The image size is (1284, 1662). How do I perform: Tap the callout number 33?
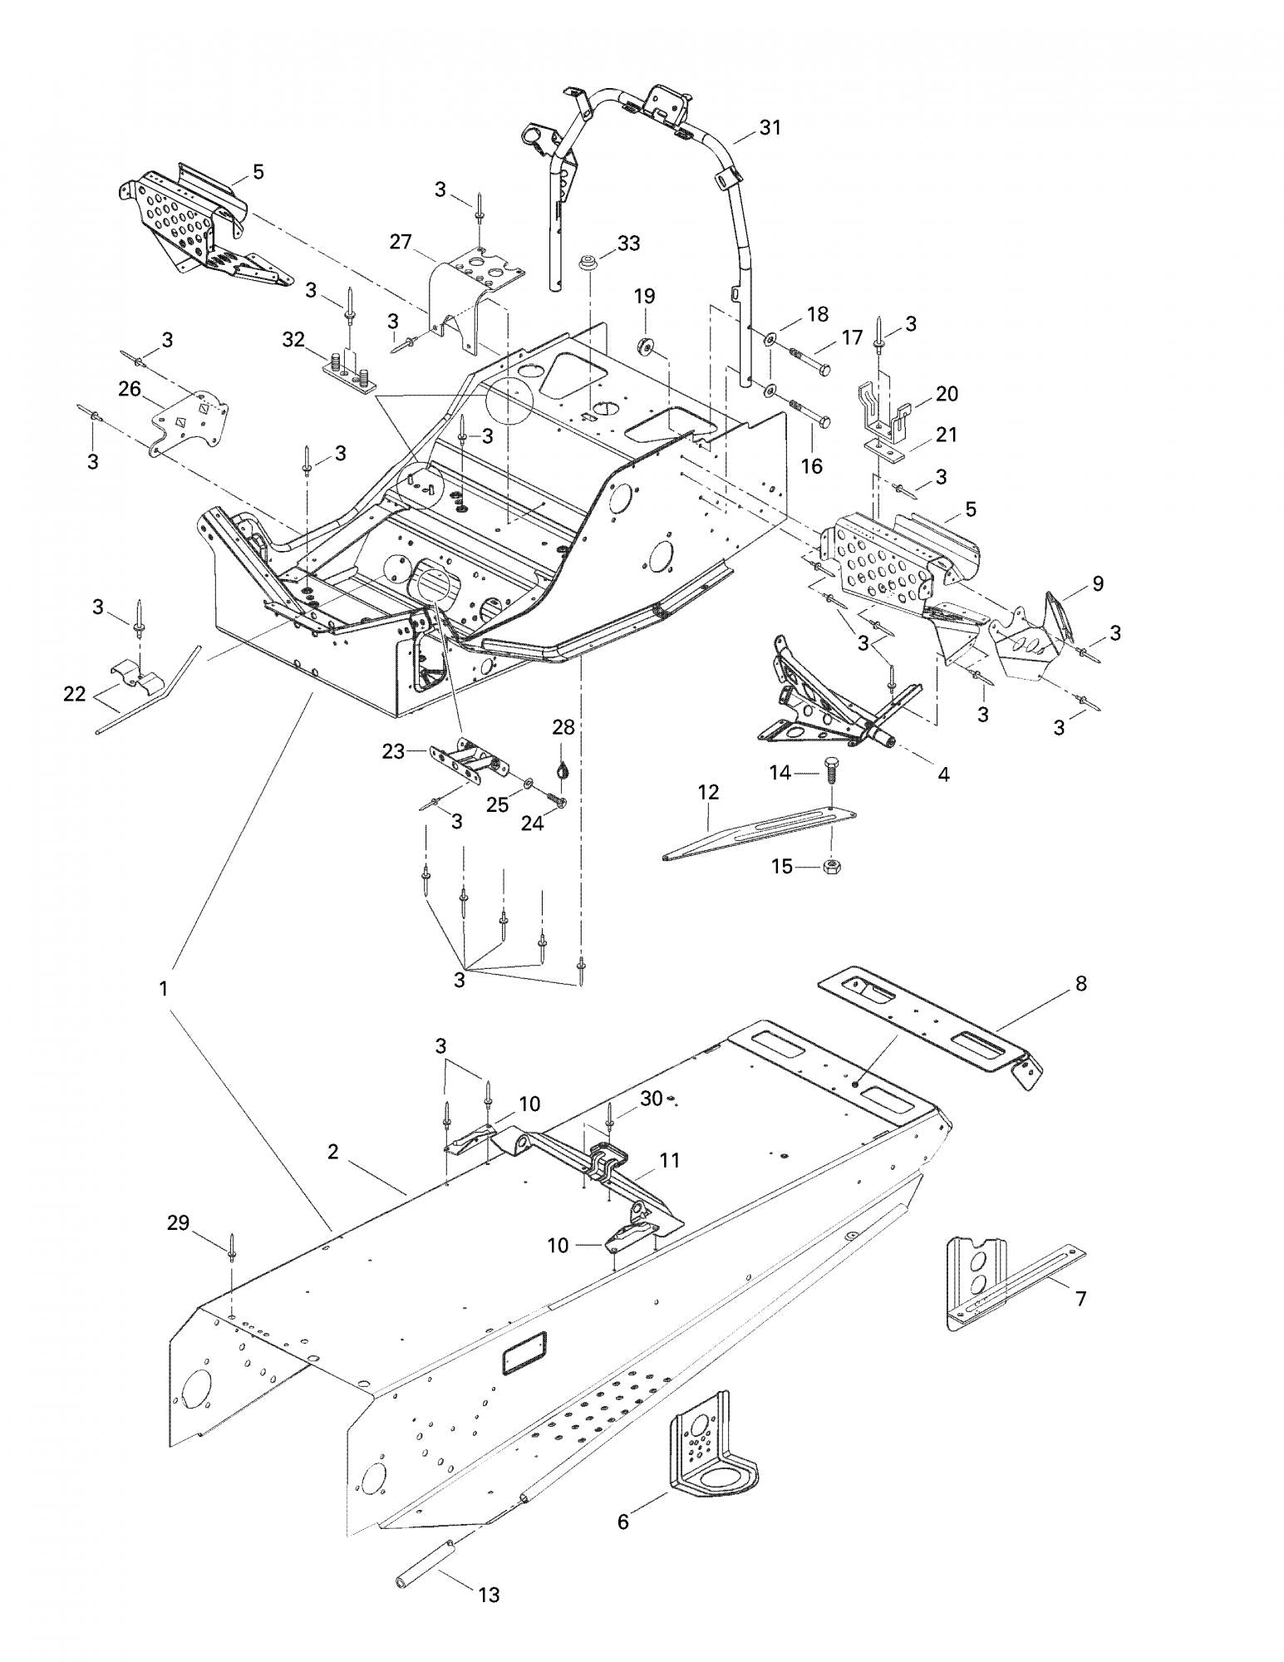[x=629, y=243]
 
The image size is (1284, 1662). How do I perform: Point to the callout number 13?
[x=489, y=1595]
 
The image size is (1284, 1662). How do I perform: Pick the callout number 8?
[x=1080, y=983]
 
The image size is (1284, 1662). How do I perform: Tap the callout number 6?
[x=623, y=1522]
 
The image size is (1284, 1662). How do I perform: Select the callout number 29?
[x=178, y=1222]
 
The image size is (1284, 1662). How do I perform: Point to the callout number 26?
[x=130, y=388]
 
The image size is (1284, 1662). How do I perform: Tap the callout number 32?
[x=293, y=339]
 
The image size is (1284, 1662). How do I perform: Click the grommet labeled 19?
[x=646, y=346]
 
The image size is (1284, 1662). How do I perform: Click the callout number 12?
[x=708, y=791]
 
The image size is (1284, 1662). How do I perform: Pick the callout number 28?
[x=563, y=727]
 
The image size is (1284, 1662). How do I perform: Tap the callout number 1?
[x=164, y=988]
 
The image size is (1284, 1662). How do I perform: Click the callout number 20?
[x=947, y=393]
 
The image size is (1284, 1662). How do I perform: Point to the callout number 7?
[x=1080, y=1297]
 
